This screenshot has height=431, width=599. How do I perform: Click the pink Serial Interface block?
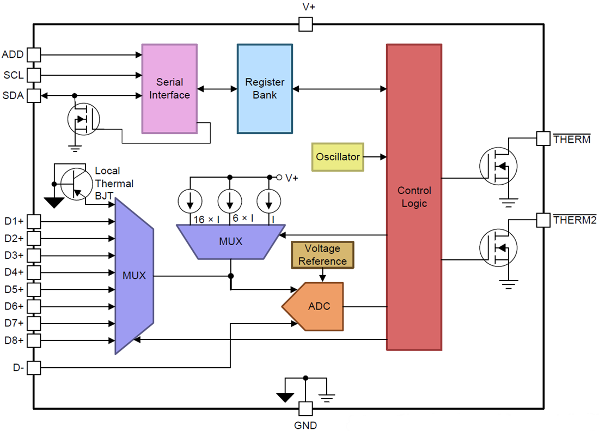169,89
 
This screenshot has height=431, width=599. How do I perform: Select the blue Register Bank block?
265,89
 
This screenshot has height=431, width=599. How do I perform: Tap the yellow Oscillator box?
338,157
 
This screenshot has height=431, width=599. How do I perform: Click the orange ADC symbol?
316,306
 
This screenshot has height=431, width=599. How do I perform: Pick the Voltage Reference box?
322,255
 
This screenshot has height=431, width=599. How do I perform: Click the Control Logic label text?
414,197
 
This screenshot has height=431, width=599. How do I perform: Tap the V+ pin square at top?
305,24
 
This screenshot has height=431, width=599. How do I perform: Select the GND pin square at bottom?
305,408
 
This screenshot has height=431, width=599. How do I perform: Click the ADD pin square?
34,54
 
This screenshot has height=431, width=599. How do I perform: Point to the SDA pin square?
34,95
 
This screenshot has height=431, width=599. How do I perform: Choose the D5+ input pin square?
34,289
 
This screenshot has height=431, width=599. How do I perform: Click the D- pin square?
34,368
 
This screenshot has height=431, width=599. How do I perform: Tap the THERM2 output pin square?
543,220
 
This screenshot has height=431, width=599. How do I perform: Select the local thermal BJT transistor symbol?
74,184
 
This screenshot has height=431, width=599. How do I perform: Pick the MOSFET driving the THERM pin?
497,166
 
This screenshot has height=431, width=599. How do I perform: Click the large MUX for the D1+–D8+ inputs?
133,276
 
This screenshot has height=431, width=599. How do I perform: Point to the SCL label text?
14,75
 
